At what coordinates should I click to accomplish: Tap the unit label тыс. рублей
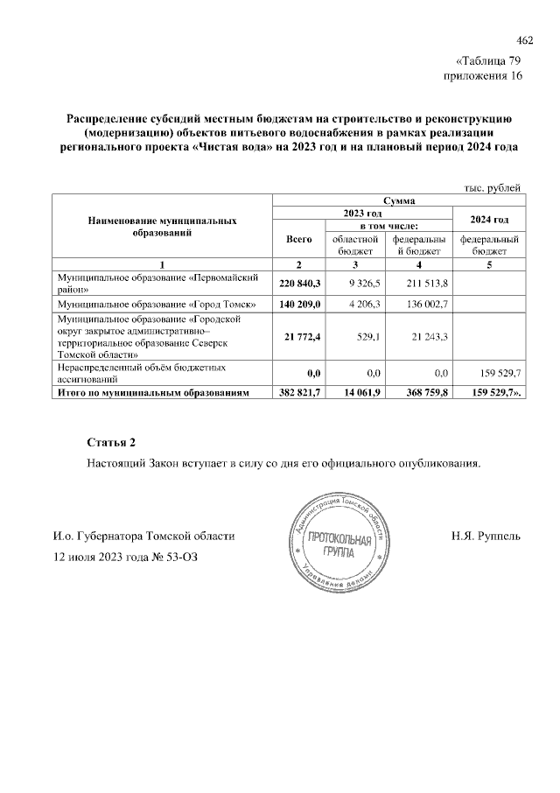[x=493, y=186]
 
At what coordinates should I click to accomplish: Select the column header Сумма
[x=398, y=200]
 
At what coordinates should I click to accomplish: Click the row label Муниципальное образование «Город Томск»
[x=157, y=304]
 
